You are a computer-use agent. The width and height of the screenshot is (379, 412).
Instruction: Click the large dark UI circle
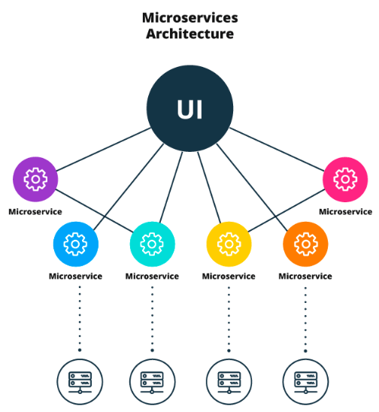[x=189, y=108]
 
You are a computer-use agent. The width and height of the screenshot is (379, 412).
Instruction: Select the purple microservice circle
[x=35, y=179]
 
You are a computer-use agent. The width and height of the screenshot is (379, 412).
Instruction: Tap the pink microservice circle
[x=345, y=180]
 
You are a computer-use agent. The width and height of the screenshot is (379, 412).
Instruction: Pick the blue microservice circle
[x=76, y=244]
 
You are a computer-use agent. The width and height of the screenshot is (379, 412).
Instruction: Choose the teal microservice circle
[x=152, y=244]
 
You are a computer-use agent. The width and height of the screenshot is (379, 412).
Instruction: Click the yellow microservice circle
[x=229, y=244]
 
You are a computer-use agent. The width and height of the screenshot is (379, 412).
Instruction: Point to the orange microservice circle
[x=305, y=244]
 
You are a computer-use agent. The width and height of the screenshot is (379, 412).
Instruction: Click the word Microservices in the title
[x=190, y=18]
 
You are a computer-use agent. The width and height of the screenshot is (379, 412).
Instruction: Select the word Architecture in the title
[x=190, y=34]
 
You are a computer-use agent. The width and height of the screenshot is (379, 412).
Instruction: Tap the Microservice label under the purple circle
[x=35, y=212]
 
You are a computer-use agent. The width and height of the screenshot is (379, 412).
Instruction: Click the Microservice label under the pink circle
[x=345, y=212]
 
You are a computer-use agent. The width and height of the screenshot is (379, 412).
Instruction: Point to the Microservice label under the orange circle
[x=305, y=277]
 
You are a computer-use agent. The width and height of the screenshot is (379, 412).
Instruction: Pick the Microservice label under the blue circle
[x=76, y=277]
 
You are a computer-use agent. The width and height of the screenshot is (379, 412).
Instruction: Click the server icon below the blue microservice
[x=80, y=382]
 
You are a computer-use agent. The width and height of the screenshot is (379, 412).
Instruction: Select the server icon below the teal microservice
[x=152, y=382]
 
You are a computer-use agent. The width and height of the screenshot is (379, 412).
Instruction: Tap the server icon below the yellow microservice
[x=229, y=382]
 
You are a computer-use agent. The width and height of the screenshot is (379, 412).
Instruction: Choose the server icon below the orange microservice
[x=305, y=382]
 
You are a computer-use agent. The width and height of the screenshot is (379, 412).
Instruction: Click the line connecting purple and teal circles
[x=95, y=211]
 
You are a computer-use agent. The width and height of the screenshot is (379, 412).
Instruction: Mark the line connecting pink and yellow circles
[x=287, y=211]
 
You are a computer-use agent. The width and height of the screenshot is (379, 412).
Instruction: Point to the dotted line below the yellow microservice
[x=229, y=319]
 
